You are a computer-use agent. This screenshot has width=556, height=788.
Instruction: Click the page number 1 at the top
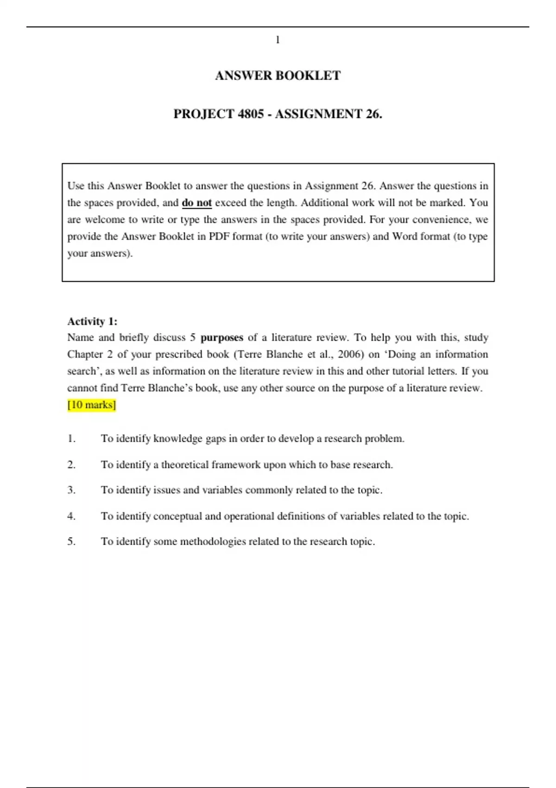pyautogui.click(x=278, y=40)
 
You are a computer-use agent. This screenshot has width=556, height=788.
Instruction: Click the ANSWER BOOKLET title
pyautogui.click(x=278, y=76)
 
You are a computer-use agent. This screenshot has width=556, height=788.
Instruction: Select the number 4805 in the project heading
pyautogui.click(x=251, y=114)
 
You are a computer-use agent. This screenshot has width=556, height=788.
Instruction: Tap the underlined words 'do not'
pyautogui.click(x=197, y=203)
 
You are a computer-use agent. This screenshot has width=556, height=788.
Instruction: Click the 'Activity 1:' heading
pyautogui.click(x=92, y=321)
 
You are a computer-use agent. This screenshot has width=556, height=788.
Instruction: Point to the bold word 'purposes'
pyautogui.click(x=221, y=337)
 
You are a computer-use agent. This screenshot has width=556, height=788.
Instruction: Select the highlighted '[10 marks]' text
pyautogui.click(x=92, y=405)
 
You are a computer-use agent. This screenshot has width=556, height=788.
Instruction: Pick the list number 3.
pyautogui.click(x=71, y=490)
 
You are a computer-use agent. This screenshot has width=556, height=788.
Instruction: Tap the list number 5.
pyautogui.click(x=71, y=541)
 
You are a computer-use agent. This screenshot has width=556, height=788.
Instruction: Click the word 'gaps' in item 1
pyautogui.click(x=215, y=438)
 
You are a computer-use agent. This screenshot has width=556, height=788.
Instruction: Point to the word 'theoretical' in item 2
pyautogui.click(x=184, y=464)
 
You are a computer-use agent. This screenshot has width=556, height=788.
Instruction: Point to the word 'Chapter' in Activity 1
pyautogui.click(x=85, y=354)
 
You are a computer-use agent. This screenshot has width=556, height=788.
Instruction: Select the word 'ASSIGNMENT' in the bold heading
pyautogui.click(x=318, y=114)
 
